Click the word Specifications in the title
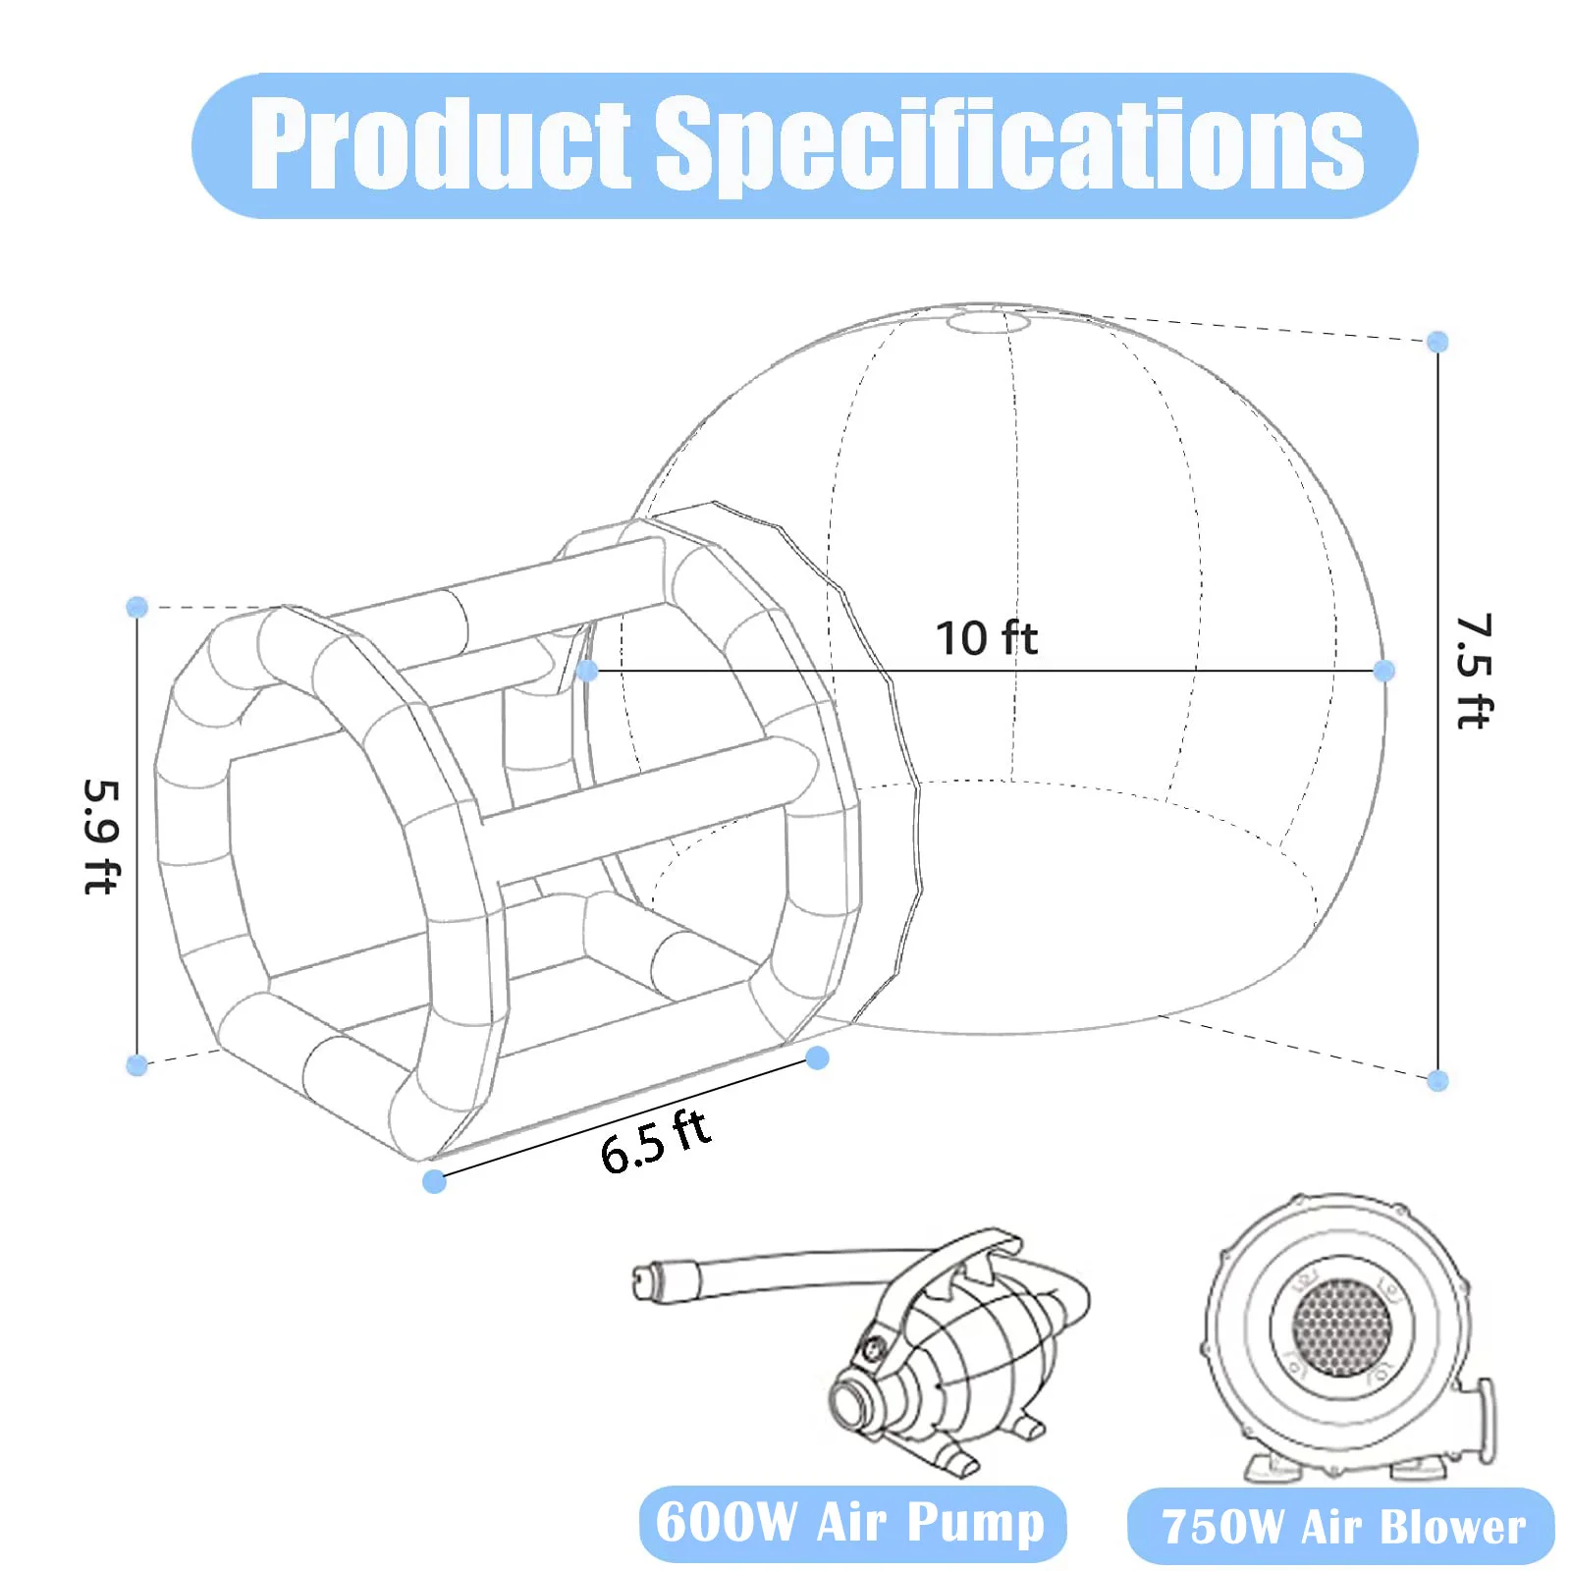pyautogui.click(x=1008, y=145)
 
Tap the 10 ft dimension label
pyautogui.click(x=986, y=638)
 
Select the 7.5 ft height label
pyautogui.click(x=1473, y=673)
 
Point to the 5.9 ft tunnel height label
pyautogui.click(x=101, y=837)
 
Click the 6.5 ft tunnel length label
pyautogui.click(x=655, y=1142)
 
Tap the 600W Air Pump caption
pyautogui.click(x=850, y=1523)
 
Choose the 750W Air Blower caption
pyautogui.click(x=1342, y=1527)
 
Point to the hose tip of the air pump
pyautogui.click(x=644, y=1281)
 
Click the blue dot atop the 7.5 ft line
pyautogui.click(x=1437, y=342)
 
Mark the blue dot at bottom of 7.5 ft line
pyautogui.click(x=1437, y=1081)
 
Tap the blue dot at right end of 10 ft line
pyautogui.click(x=1384, y=671)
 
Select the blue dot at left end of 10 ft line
pyautogui.click(x=587, y=671)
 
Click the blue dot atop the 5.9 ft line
pyautogui.click(x=137, y=607)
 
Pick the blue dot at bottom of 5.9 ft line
pyautogui.click(x=137, y=1064)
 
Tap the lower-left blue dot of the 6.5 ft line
pyautogui.click(x=434, y=1181)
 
